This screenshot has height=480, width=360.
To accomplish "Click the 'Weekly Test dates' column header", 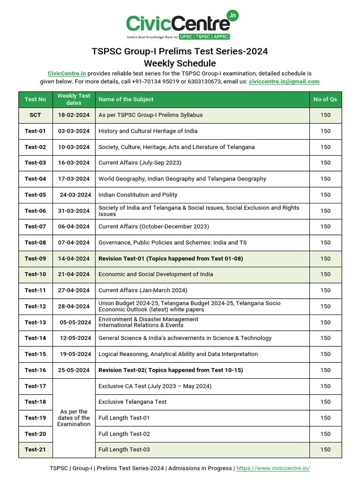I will [74, 99].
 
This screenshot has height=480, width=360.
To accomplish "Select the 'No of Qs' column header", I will [325, 99].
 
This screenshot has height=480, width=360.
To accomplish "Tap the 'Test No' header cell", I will [36, 99].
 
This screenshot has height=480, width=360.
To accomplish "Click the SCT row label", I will [36, 115].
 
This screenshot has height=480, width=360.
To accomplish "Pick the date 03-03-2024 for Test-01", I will [74, 131].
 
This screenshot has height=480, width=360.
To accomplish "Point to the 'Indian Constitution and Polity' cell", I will [138, 195].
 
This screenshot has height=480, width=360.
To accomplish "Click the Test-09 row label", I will [36, 259].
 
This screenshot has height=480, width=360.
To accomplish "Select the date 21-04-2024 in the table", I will [74, 275].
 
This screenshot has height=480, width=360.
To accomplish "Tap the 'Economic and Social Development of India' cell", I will [156, 275].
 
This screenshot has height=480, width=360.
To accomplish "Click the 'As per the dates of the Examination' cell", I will [74, 418].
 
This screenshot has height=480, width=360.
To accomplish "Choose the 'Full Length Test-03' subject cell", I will [124, 450].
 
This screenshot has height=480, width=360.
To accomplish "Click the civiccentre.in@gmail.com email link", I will [284, 82].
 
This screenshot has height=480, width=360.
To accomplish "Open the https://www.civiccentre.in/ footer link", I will [273, 468].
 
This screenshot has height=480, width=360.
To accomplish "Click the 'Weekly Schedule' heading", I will [180, 63].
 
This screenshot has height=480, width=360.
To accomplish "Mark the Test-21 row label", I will [36, 450].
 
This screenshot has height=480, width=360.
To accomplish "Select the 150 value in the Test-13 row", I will [325, 322].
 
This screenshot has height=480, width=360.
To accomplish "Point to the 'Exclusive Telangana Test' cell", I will [133, 402].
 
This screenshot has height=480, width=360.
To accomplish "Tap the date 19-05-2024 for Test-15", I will [75, 354].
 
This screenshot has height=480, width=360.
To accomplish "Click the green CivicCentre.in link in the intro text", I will [67, 74].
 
